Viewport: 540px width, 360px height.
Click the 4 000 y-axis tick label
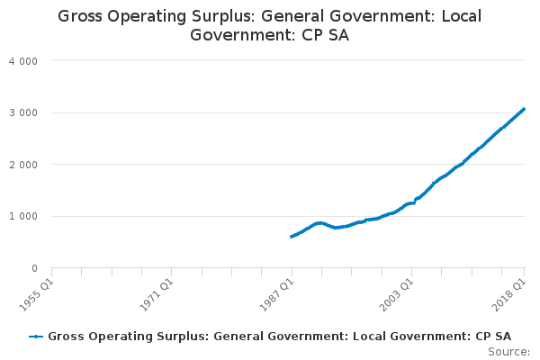click(23, 61)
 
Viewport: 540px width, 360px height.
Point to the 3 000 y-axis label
click(23, 113)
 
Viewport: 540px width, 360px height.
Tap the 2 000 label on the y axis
click(23, 165)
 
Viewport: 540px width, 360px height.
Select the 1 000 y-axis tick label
click(23, 216)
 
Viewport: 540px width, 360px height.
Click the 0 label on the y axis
click(34, 268)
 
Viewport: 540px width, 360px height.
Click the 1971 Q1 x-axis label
click(157, 295)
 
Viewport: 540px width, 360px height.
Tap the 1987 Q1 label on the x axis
click(276, 295)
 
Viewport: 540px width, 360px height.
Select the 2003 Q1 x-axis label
click(396, 295)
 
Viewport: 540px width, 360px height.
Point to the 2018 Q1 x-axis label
click(509, 295)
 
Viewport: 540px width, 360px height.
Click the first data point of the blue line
click(292, 237)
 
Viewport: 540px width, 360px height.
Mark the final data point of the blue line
click(524, 109)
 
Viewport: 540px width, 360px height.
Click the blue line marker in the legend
click(36, 337)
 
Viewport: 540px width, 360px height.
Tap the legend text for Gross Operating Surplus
click(279, 337)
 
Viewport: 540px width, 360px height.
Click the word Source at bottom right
click(508, 352)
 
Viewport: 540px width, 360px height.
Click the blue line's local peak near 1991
click(319, 223)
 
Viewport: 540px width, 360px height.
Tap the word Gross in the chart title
click(80, 16)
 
